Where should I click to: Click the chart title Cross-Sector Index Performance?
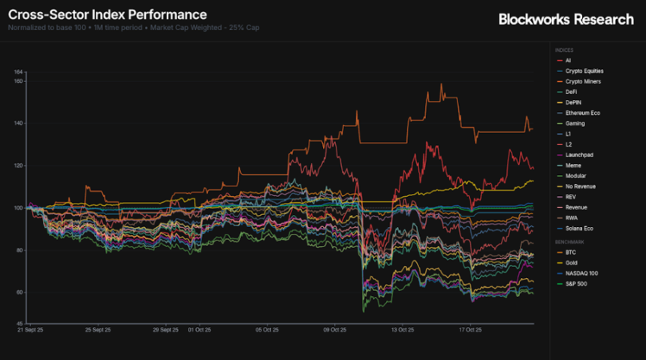[x=107, y=14]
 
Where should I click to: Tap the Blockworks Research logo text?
[x=566, y=19]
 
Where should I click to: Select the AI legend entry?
[x=569, y=60]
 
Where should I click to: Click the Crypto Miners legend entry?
[x=582, y=81]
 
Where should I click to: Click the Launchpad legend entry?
[x=578, y=155]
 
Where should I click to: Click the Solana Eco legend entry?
[x=579, y=228]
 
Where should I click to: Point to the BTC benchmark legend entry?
[x=570, y=253]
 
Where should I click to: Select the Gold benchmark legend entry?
[x=571, y=264]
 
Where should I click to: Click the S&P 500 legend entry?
[x=575, y=284]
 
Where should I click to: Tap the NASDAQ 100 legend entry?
[x=581, y=274]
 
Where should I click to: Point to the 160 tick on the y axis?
[x=19, y=81]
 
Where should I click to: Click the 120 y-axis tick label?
[x=19, y=165]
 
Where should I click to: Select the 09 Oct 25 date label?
[x=334, y=329]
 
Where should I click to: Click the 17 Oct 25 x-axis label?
[x=469, y=329]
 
